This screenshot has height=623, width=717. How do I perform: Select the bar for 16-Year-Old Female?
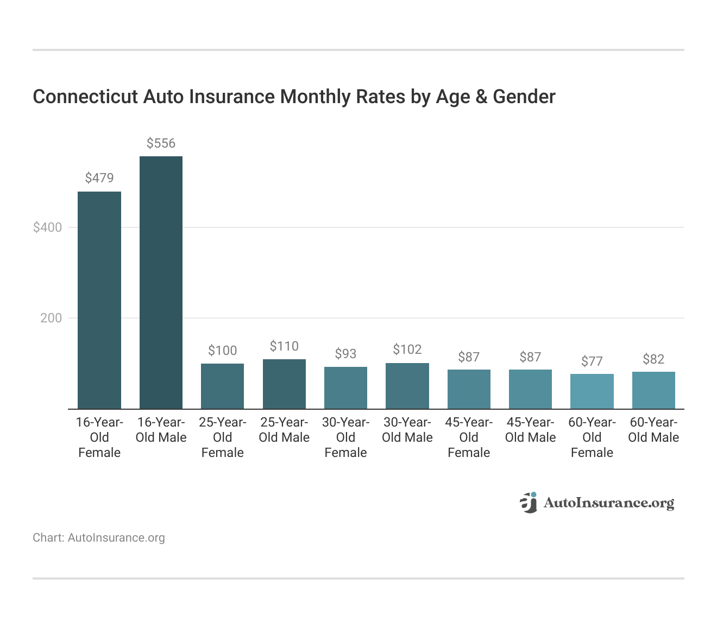99,300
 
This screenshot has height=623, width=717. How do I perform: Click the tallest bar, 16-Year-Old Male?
161,282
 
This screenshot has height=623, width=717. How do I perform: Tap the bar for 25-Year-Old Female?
222,386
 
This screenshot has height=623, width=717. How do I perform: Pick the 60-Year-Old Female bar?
592,391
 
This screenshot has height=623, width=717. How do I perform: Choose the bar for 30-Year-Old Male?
407,386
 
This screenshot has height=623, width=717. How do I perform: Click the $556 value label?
161,143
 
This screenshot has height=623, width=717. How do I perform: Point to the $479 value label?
99,178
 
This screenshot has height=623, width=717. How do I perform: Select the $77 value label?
592,361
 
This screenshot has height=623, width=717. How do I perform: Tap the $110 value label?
284,346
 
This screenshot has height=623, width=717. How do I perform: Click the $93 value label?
345,354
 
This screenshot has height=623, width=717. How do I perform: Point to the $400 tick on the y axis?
48,227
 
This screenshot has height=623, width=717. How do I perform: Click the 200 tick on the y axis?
51,318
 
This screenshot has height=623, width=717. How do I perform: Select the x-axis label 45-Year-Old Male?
530,430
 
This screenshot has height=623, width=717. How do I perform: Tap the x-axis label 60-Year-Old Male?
653,430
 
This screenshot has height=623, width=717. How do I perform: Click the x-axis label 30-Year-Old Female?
345,437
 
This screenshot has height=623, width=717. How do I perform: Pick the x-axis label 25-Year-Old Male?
284,430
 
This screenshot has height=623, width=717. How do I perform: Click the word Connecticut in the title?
85,97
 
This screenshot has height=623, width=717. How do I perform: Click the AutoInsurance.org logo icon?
528,503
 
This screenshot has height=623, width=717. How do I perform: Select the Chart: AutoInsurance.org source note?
99,538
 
